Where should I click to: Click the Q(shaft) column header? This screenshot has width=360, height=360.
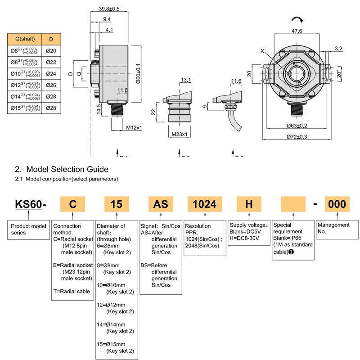[25, 39]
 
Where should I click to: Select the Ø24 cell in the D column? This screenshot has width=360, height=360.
[51, 73]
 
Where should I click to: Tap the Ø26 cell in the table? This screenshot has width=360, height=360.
[51, 85]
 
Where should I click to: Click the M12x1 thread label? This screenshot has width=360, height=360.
[134, 128]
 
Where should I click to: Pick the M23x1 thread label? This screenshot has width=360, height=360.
[180, 134]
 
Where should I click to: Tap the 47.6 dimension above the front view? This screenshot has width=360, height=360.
[297, 31]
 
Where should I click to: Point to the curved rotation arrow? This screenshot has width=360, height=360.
[297, 18]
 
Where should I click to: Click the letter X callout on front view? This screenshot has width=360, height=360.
[262, 51]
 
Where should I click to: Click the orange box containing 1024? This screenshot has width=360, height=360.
[205, 204]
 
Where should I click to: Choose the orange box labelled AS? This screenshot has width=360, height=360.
[161, 204]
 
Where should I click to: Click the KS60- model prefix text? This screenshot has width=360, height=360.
[31, 204]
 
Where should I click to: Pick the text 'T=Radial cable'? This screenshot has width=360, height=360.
[72, 291]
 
